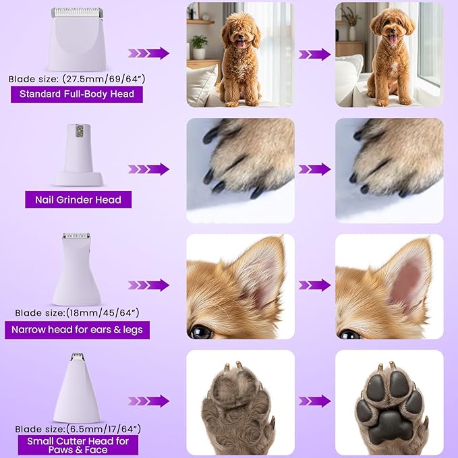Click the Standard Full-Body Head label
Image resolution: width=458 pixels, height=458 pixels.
tap(77, 94)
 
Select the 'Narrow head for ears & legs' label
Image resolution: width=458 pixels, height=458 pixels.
tap(77, 330)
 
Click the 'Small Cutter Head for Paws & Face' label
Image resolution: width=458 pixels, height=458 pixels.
tap(78, 445)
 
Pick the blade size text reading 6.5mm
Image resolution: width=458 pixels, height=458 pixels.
tap(76, 428)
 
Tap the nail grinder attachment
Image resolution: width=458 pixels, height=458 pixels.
tap(80, 154)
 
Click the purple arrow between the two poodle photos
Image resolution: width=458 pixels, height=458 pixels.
tap(314, 53)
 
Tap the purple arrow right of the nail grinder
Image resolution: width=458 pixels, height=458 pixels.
tap(148, 169)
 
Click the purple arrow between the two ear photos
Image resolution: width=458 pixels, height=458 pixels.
tap(314, 285)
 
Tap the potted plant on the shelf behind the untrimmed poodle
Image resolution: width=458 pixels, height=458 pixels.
tap(199, 45)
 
